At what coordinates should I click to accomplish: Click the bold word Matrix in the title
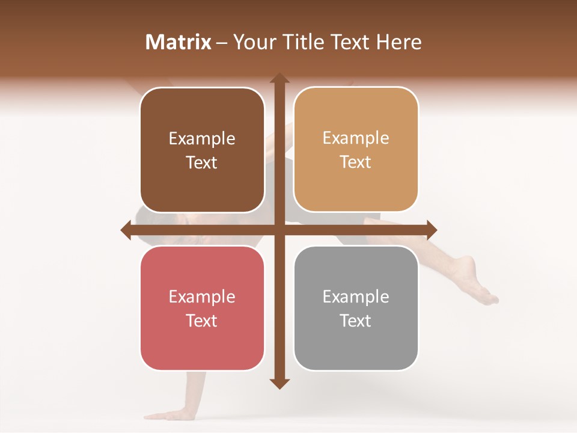tap(179, 42)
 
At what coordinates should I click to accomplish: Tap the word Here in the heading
tap(398, 42)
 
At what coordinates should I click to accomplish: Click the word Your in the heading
tap(251, 42)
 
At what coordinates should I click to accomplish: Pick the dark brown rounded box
tap(202, 150)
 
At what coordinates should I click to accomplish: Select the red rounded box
tap(202, 308)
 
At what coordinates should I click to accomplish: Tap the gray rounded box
tap(356, 308)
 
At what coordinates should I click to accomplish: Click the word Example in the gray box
tap(356, 296)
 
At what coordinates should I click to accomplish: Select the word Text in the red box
tap(202, 321)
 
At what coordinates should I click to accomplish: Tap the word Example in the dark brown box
tap(202, 138)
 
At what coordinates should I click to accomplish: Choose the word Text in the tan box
tap(356, 162)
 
